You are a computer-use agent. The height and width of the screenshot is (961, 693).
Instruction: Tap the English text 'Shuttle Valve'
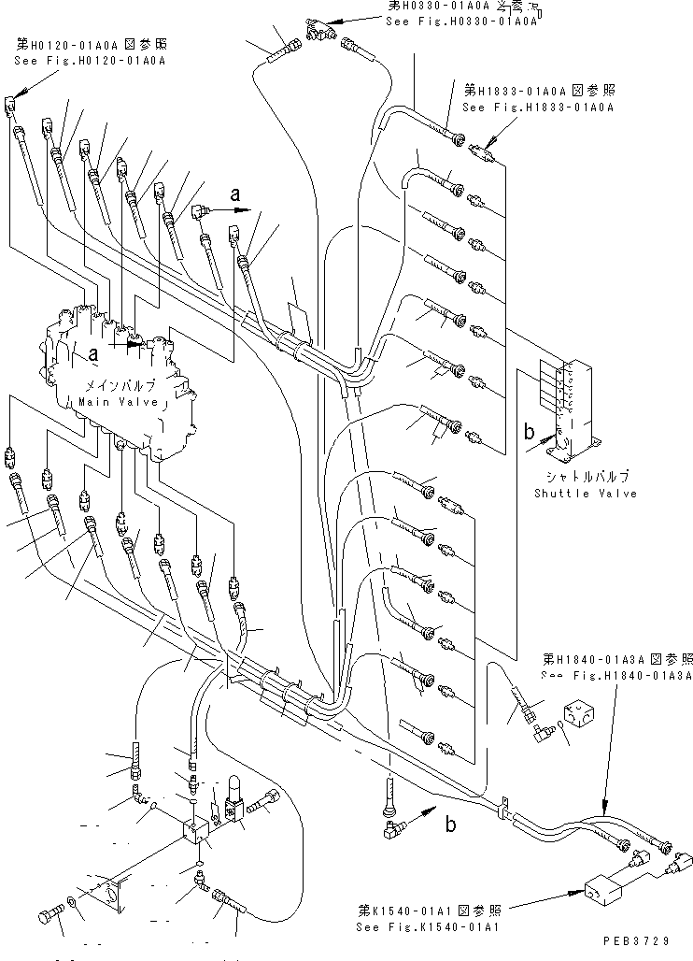click(x=585, y=493)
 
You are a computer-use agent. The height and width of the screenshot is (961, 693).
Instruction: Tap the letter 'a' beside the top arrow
click(x=235, y=196)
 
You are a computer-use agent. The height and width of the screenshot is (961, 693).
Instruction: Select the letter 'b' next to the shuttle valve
click(x=529, y=432)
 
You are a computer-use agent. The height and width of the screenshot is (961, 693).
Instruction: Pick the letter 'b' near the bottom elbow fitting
click(x=450, y=824)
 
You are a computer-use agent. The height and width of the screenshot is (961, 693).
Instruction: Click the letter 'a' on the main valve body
click(x=93, y=353)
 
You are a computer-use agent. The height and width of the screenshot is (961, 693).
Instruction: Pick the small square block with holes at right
click(x=584, y=712)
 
